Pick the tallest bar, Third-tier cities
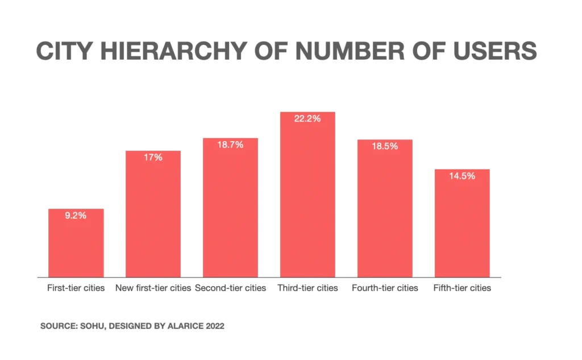[x=307, y=199]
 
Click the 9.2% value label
[x=76, y=216]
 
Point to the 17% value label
[x=153, y=158]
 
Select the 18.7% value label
[x=230, y=145]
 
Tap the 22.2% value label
[x=307, y=119]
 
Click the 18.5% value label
[x=385, y=146]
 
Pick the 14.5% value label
[x=462, y=176]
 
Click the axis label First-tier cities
[x=76, y=288]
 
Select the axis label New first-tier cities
[x=153, y=288]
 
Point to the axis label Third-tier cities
[x=307, y=288]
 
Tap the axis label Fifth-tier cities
[x=462, y=288]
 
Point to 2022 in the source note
[x=214, y=327]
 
